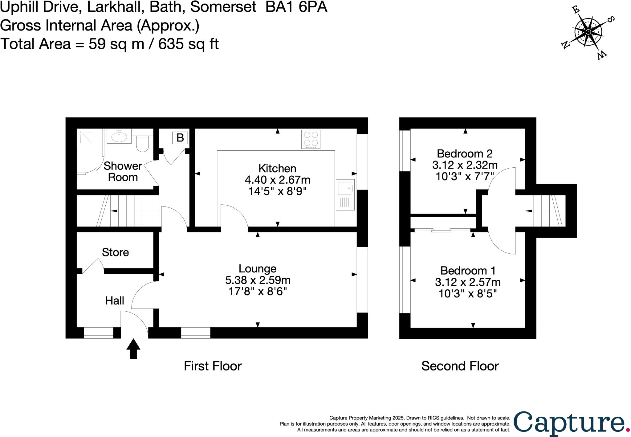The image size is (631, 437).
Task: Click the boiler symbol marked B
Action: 180,137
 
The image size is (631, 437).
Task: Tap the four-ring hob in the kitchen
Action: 311,139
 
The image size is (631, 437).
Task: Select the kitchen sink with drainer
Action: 345,194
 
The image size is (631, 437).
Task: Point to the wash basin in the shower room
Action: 119,137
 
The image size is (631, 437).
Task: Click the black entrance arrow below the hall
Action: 133,349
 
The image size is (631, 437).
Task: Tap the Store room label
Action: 115,252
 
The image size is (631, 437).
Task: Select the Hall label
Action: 115,300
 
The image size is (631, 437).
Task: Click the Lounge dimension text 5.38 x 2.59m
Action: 258,280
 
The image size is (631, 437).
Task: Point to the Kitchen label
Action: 277,169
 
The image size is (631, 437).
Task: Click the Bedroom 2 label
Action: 465,153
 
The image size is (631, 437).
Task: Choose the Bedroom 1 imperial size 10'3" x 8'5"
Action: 467,294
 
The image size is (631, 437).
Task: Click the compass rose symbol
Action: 588,32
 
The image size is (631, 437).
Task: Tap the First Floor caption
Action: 213,366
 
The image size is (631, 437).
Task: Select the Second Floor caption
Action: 460,366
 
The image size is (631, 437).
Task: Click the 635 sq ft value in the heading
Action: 188,44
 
